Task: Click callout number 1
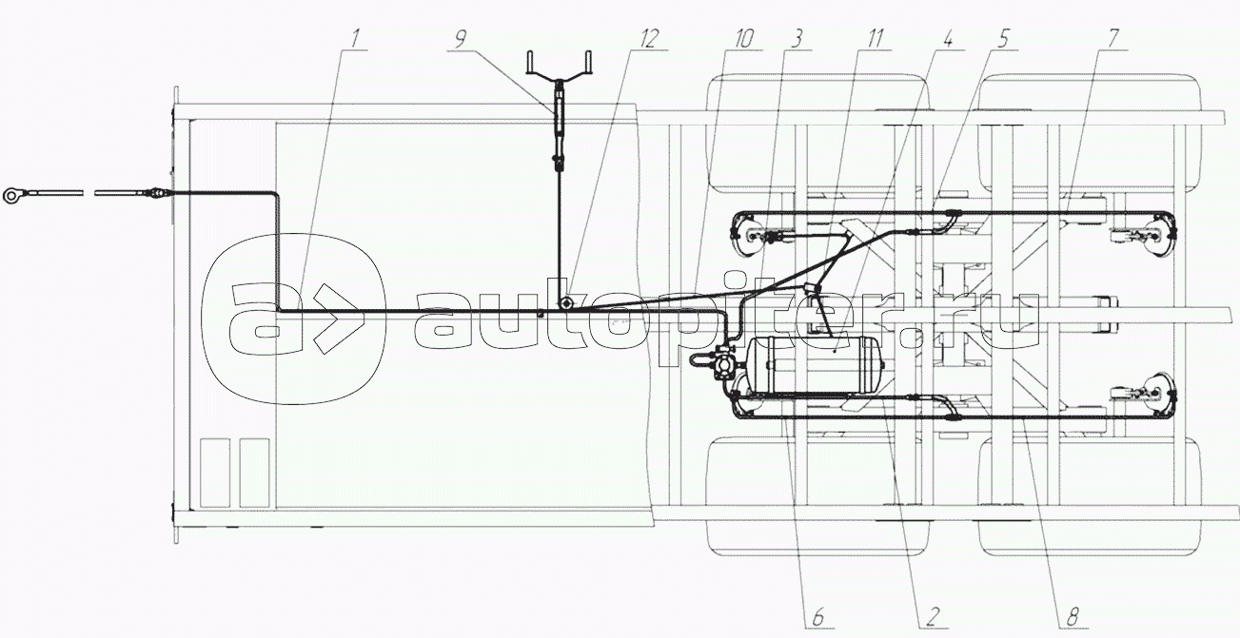(x=354, y=39)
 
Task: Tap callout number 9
(x=460, y=39)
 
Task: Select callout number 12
(x=649, y=39)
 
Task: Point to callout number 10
(x=744, y=39)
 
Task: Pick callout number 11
(x=874, y=39)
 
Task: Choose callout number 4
(x=948, y=39)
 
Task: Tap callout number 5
(x=1003, y=39)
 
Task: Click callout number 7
(x=1112, y=39)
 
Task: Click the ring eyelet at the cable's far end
(x=12, y=195)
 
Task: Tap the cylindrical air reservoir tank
(x=813, y=366)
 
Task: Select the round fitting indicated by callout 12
(x=565, y=303)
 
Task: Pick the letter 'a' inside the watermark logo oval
(x=266, y=319)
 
